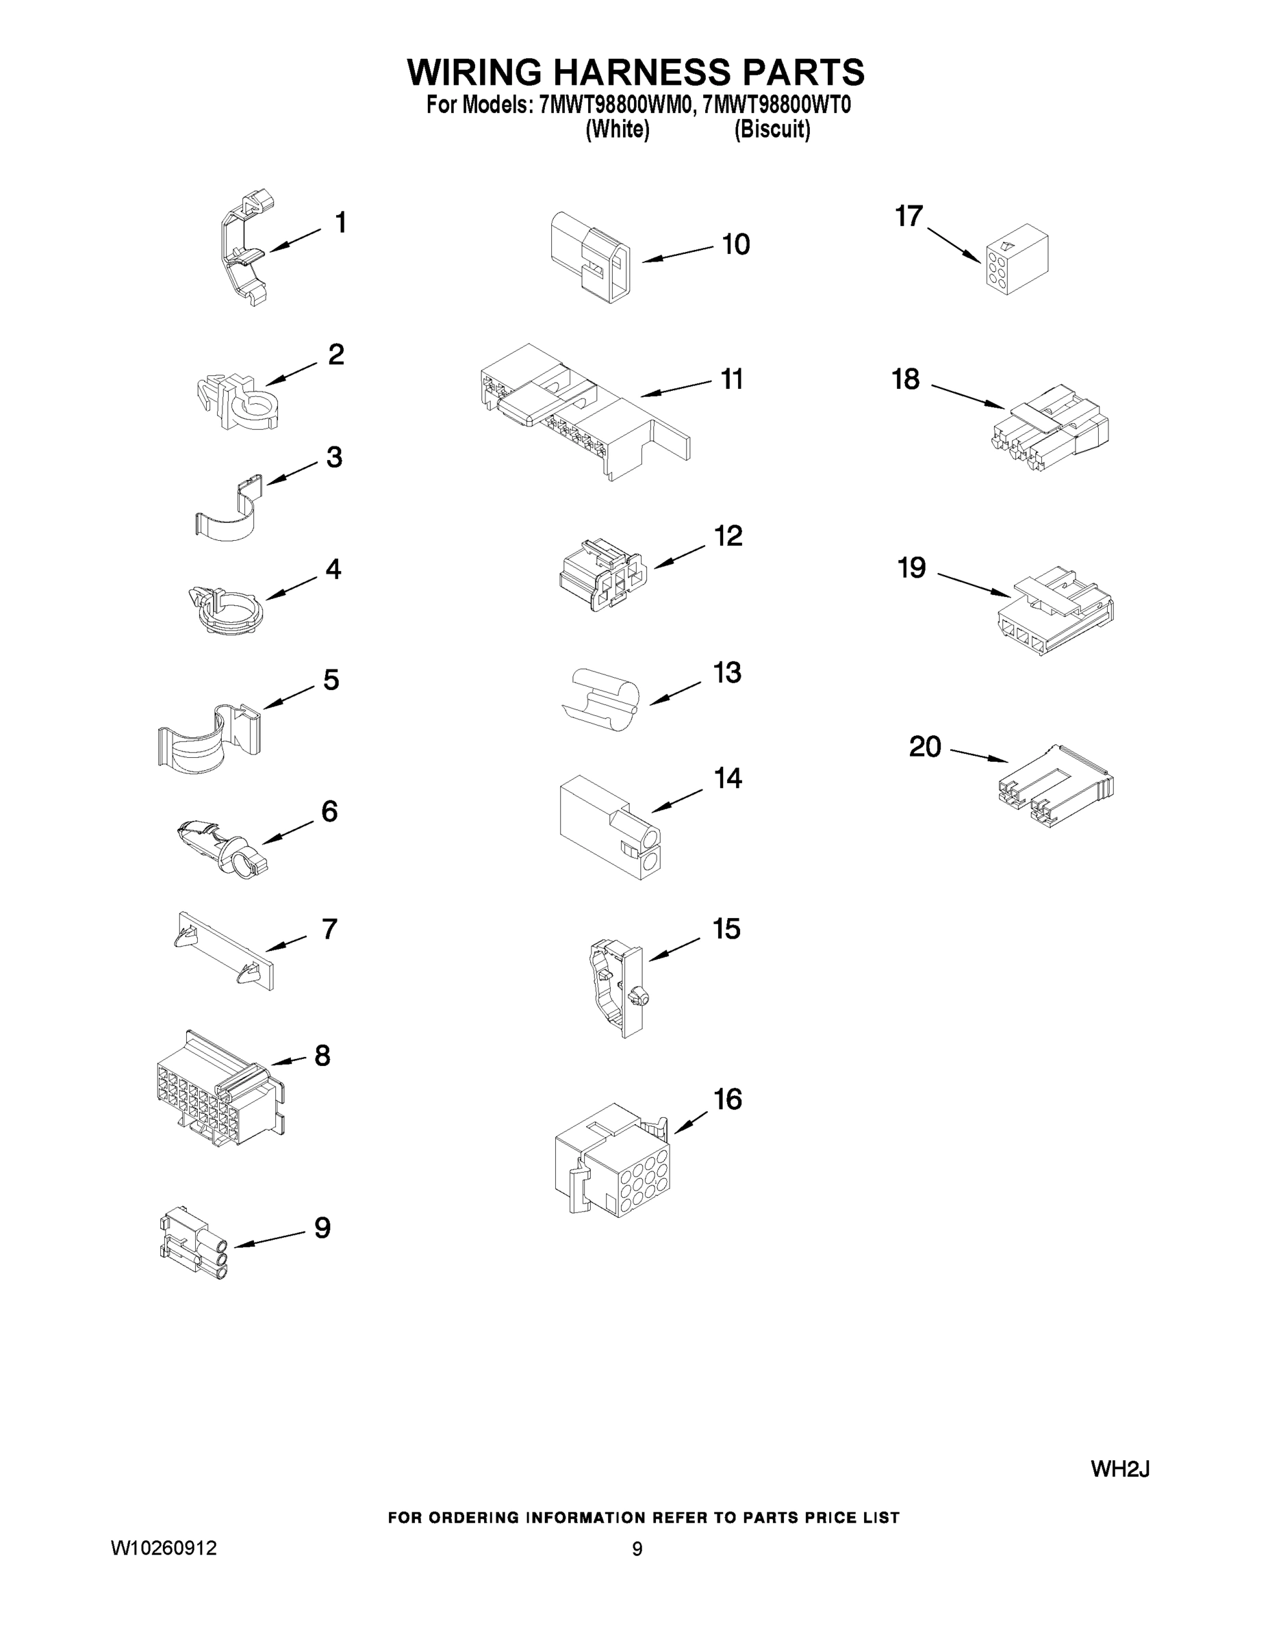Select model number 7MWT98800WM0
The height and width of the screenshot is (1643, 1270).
pos(614,105)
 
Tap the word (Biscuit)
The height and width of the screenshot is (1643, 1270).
pos(772,129)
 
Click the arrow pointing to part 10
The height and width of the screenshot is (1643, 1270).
pos(677,253)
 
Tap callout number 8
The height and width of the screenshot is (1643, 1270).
pos(322,1056)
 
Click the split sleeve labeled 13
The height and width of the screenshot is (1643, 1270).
pos(602,700)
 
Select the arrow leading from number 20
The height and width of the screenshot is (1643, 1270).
pos(979,755)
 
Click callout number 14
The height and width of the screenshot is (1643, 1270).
pos(728,778)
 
